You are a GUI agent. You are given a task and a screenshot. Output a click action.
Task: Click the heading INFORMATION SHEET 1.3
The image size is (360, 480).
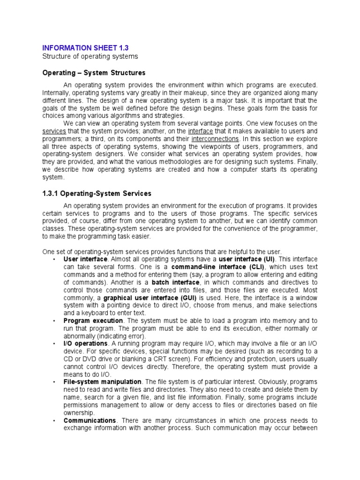tap(85, 48)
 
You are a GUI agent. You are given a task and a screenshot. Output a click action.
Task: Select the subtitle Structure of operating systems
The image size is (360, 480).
tap(90, 56)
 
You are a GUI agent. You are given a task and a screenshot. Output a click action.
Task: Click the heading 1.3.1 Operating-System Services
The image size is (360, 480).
tap(97, 193)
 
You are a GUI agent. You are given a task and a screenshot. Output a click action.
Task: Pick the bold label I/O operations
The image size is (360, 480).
tap(85, 344)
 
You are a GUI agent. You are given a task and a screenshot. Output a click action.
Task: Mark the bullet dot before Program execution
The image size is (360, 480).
tap(55, 321)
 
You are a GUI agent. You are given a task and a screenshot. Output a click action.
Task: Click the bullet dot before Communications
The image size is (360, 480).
tap(55, 421)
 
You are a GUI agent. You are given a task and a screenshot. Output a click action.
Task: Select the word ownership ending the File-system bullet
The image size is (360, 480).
tap(79, 412)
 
